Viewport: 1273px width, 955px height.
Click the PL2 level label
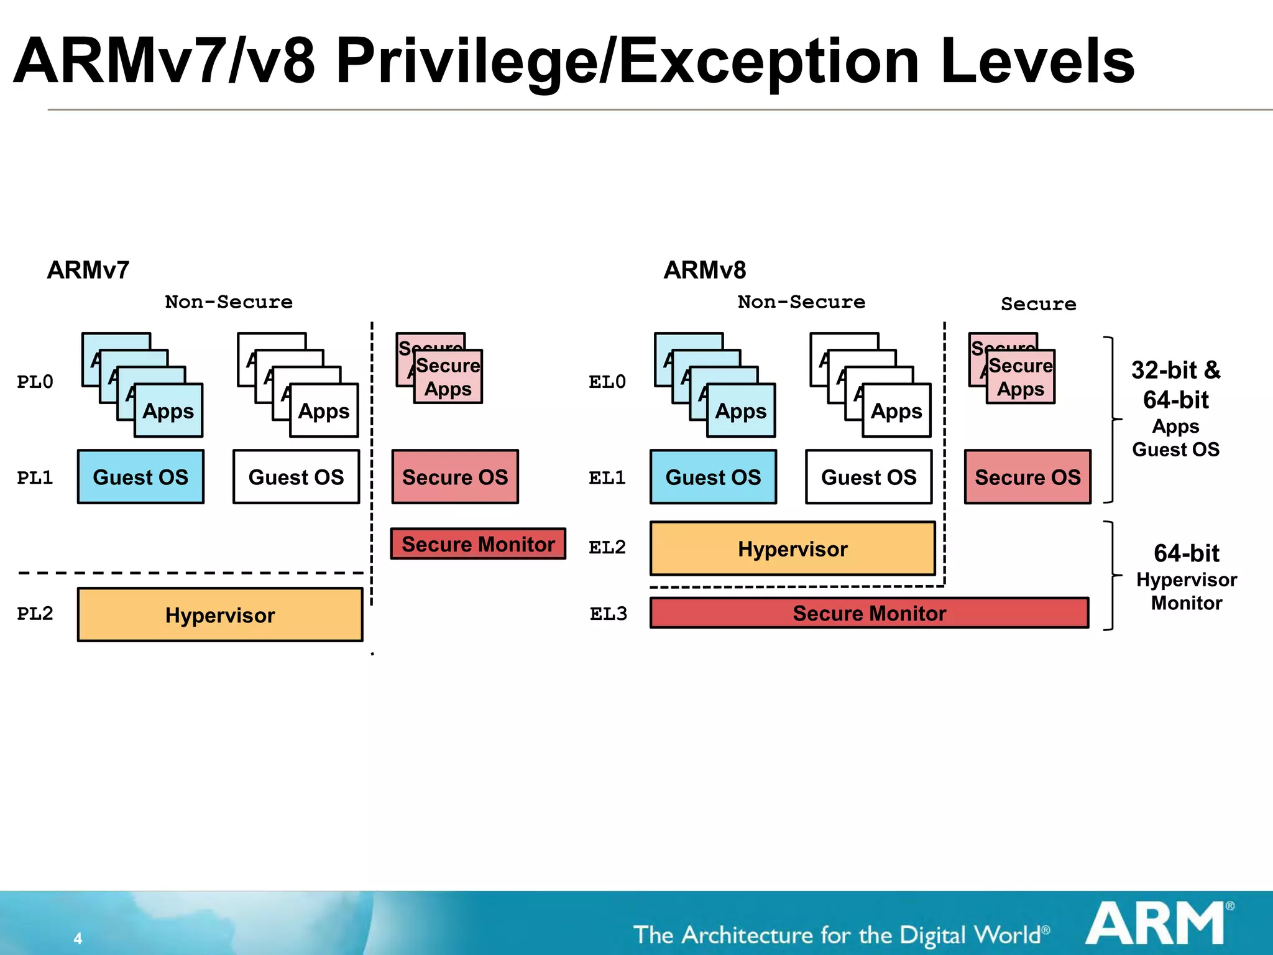click(35, 614)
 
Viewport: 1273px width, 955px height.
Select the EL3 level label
click(608, 614)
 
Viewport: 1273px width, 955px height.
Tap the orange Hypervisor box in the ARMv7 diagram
click(220, 615)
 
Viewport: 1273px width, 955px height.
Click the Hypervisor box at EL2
click(793, 549)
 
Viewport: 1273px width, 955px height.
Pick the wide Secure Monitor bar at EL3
click(869, 613)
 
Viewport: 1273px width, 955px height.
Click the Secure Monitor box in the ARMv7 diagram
click(478, 544)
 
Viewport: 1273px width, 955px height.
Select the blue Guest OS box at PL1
click(140, 477)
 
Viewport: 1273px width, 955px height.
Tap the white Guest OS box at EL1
click(868, 477)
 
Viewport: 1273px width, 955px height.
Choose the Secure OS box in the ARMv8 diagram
click(1027, 477)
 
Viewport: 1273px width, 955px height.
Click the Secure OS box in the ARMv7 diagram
click(455, 477)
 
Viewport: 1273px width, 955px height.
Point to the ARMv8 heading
click(704, 270)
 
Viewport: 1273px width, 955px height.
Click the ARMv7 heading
click(88, 270)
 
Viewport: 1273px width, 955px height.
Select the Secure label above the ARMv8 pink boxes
click(1038, 304)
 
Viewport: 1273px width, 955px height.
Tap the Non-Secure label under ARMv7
click(229, 302)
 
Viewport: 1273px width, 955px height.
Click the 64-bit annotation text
click(1186, 553)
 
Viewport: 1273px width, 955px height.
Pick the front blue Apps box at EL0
click(741, 411)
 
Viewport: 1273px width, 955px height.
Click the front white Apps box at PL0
click(324, 411)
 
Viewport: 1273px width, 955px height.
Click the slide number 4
click(78, 938)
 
